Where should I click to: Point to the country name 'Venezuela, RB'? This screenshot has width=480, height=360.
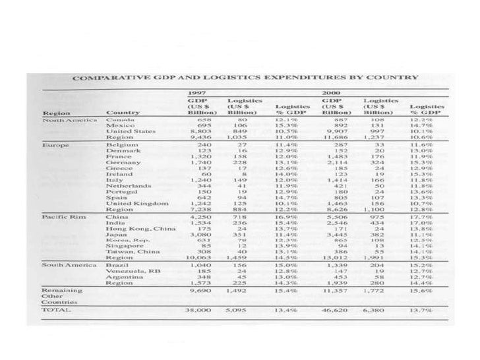[130, 270]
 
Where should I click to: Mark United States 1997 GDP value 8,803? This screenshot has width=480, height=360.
[198, 131]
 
